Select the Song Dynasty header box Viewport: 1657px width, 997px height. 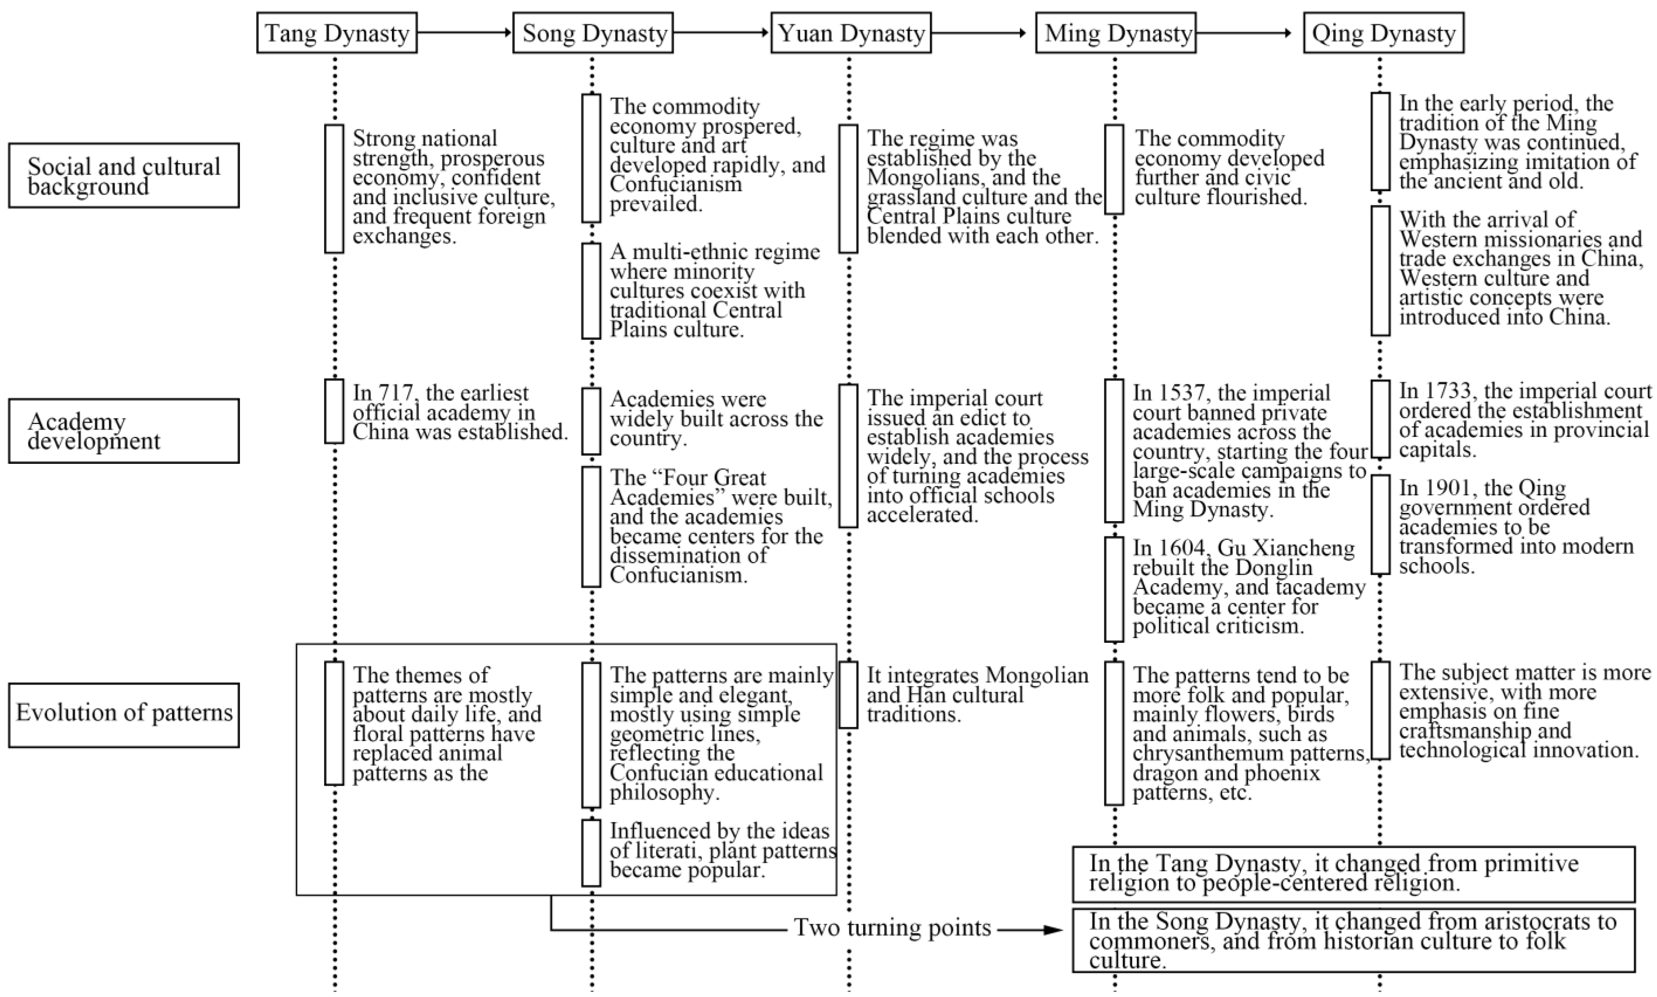click(593, 33)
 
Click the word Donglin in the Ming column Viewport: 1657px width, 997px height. click(1273, 568)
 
